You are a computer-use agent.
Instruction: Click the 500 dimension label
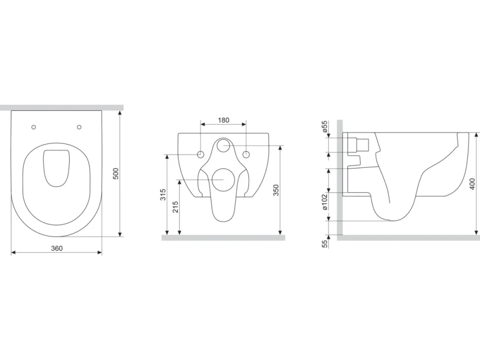pyautogui.click(x=115, y=174)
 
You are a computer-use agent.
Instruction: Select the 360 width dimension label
pyautogui.click(x=56, y=248)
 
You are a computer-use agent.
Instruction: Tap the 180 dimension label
pyautogui.click(x=223, y=120)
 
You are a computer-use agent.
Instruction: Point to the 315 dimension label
pyautogui.click(x=163, y=194)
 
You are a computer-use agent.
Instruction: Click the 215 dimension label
pyautogui.click(x=175, y=207)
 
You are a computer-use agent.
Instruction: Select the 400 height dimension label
pyautogui.click(x=472, y=184)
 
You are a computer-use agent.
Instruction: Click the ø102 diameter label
pyautogui.click(x=325, y=201)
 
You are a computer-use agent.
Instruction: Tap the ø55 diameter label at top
pyautogui.click(x=325, y=126)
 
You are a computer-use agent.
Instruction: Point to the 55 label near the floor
pyautogui.click(x=325, y=243)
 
